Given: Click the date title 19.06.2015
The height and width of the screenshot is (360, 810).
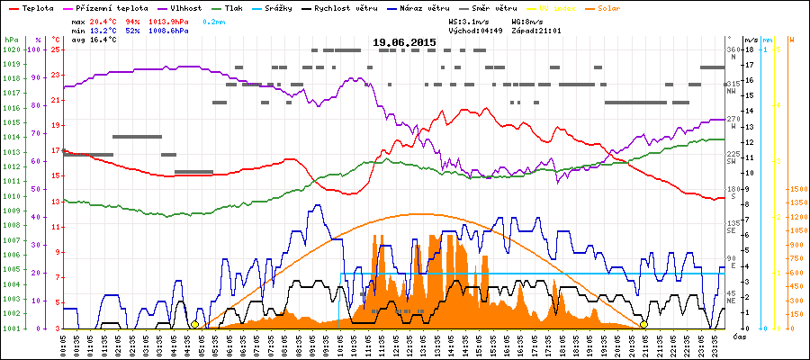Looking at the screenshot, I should (405, 42).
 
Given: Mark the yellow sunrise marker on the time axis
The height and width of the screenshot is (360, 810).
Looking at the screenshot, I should (194, 324).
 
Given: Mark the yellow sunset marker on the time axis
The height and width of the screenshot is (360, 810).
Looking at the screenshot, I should (643, 324).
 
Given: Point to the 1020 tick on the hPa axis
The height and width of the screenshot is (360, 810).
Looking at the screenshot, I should (10, 49).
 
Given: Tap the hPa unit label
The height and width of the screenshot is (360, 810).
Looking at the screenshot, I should (10, 40).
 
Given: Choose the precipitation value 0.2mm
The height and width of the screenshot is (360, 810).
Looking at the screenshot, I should (214, 20).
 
